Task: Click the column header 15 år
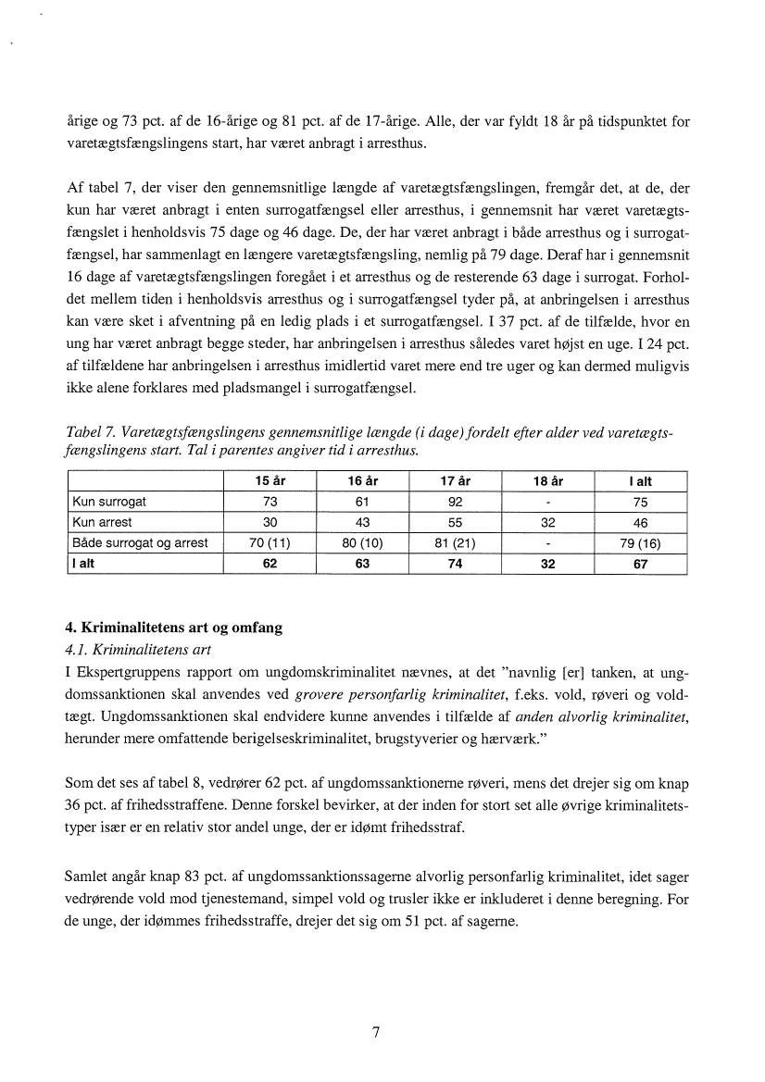pos(270,481)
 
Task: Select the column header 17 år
pos(455,481)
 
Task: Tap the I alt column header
pos(640,481)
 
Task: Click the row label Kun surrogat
pos(109,502)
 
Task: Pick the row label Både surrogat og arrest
pos(140,542)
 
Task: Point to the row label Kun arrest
pos(103,522)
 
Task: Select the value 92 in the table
pos(455,502)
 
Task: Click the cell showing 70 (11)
pos(270,542)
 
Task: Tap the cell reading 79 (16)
pos(640,542)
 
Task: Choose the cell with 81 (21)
pos(455,542)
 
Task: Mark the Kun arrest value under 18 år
pos(548,522)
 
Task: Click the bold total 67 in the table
pos(640,563)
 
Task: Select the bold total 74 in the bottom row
pos(455,563)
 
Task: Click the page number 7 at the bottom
pos(376,1033)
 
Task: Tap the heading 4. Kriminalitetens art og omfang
pos(174,628)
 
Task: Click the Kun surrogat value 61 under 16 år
pos(362,502)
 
